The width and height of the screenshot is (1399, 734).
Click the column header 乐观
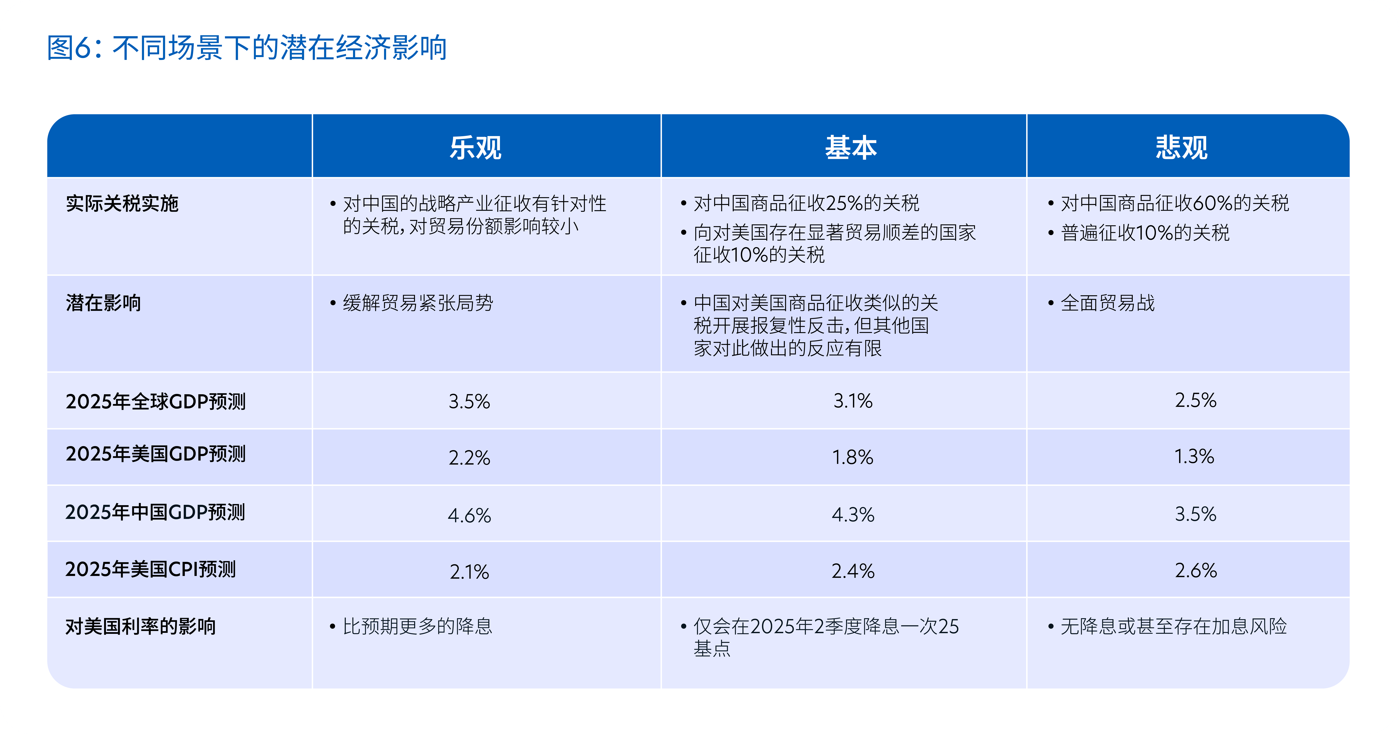(475, 148)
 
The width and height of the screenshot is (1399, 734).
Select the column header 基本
(851, 148)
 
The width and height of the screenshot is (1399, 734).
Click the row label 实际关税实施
(122, 204)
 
